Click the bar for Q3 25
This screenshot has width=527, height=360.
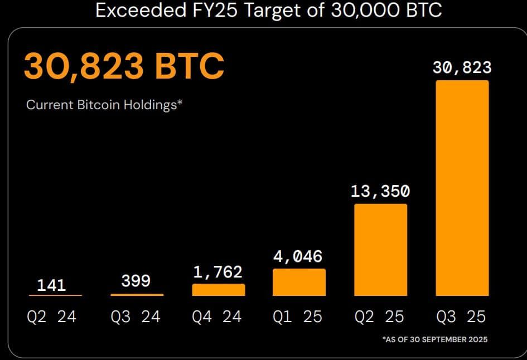coord(462,188)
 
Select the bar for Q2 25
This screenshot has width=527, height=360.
coord(380,250)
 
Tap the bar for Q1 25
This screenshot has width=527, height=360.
coord(299,282)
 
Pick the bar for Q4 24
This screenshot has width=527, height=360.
coord(218,290)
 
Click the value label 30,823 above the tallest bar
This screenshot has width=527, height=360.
coord(462,68)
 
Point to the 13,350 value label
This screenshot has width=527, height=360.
coord(380,192)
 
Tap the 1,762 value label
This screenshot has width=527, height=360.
coord(218,271)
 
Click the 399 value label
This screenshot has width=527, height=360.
coord(136,281)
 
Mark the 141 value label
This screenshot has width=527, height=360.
coord(51,286)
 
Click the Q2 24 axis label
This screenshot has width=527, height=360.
coord(51,317)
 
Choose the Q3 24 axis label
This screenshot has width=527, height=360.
coord(136,317)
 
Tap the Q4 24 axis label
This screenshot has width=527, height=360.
coord(217,317)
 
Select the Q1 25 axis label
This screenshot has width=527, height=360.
coord(298,317)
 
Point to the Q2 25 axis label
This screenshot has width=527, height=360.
coord(380,317)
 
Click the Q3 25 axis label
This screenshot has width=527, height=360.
coord(461,317)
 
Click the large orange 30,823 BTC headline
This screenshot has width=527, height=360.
coord(123,66)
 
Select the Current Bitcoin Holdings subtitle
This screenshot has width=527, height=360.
coord(105,105)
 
